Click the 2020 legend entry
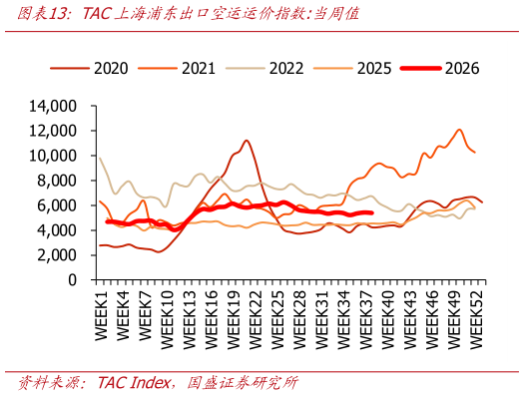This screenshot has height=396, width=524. [89, 69]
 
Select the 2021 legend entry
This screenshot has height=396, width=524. [177, 69]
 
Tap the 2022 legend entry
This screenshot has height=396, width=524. [264, 69]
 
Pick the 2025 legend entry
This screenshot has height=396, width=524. [352, 69]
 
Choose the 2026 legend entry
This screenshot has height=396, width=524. [440, 69]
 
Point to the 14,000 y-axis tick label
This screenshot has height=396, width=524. [53, 106]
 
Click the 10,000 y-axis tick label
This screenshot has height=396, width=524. [53, 156]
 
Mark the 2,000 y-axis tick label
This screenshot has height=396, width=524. [57, 255]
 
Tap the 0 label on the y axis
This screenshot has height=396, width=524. [73, 280]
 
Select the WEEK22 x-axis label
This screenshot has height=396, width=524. [256, 319]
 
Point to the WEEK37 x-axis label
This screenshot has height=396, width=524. [366, 319]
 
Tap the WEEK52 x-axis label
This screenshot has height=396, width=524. [476, 319]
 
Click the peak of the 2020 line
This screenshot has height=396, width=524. [247, 141]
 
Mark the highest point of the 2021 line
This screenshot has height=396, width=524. [459, 130]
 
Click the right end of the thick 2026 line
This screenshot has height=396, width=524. [372, 212]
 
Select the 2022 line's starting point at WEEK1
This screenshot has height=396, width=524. [100, 158]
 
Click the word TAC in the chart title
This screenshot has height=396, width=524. [96, 14]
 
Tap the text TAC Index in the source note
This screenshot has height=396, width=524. [134, 383]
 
